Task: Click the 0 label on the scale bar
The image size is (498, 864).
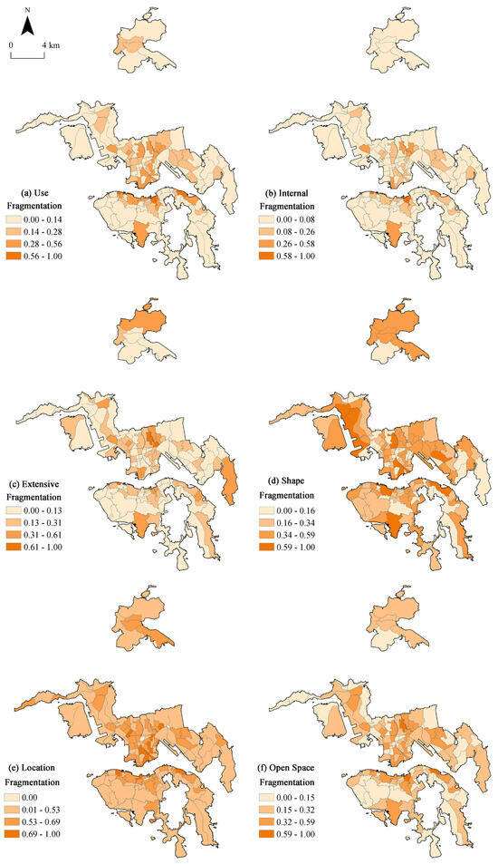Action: pos(11,43)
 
